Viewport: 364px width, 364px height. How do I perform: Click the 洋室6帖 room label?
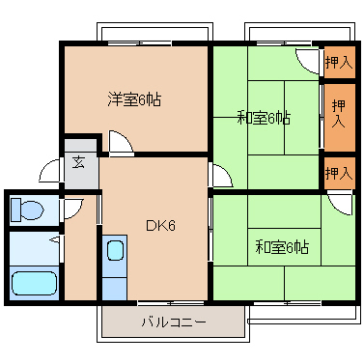[134, 100]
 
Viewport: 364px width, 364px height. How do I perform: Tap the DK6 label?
[160, 226]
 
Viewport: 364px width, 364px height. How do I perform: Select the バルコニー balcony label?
[174, 322]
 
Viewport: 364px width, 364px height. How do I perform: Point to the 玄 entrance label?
[78, 162]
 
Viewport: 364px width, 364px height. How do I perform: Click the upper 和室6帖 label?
[264, 118]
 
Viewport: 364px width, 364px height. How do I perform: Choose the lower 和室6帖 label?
[282, 247]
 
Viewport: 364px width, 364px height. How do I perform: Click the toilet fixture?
[27, 210]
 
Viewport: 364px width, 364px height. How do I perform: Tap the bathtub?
[35, 284]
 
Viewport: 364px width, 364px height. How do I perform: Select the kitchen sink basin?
[115, 250]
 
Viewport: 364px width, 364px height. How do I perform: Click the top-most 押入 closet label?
[339, 62]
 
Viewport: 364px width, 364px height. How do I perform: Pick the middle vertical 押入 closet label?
[339, 113]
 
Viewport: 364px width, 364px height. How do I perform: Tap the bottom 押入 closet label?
[339, 173]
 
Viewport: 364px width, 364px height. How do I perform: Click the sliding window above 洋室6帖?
[139, 43]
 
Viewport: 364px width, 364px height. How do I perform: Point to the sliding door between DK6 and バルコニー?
[171, 303]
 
